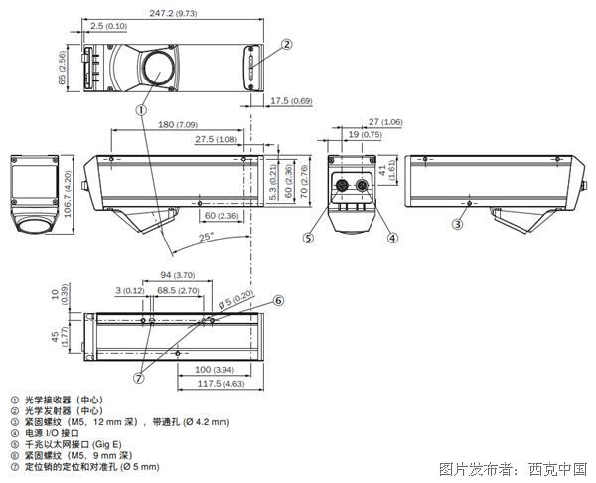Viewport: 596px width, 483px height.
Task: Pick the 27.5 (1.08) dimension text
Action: point(218,139)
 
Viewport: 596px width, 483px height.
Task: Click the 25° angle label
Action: point(205,238)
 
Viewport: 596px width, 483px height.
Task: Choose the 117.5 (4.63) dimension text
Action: point(221,383)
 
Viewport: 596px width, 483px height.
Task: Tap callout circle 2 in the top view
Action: point(286,44)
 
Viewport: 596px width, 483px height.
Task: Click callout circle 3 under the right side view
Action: point(458,225)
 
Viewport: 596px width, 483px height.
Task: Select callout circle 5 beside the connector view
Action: point(309,238)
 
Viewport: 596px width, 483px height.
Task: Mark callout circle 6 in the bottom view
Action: point(279,300)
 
